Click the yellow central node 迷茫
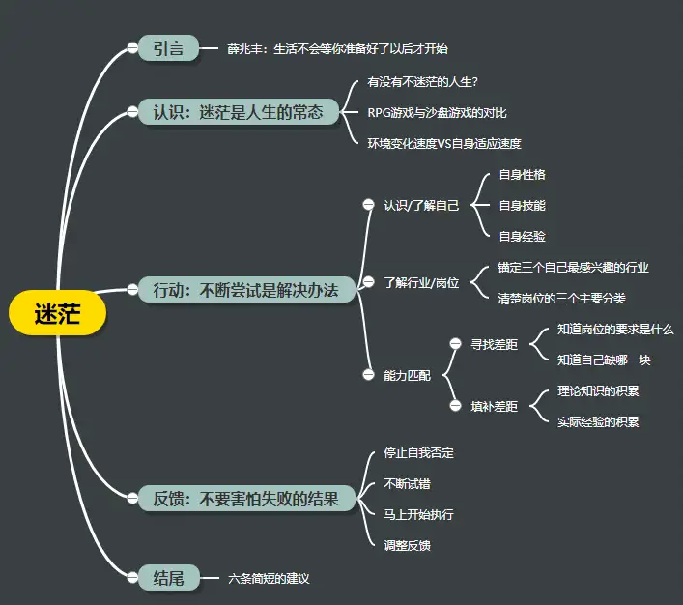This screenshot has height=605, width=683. (56, 314)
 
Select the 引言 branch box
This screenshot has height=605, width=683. (168, 48)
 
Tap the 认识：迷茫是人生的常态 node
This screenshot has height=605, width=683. (245, 112)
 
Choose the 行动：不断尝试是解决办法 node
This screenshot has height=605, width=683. (245, 289)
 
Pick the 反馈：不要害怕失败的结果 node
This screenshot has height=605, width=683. (245, 499)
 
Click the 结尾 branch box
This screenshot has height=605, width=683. (168, 578)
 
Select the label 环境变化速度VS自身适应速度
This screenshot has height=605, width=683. (444, 143)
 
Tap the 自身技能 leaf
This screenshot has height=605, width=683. (522, 205)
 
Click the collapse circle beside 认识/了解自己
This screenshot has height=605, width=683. (368, 205)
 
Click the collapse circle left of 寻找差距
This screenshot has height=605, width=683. (455, 344)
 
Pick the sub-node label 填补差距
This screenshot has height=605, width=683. (494, 407)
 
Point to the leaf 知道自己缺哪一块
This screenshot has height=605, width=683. (604, 360)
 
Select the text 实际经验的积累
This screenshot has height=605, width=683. (598, 421)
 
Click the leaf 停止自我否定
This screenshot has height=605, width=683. (418, 452)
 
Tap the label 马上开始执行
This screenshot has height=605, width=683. (418, 514)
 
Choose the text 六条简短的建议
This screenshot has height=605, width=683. (269, 578)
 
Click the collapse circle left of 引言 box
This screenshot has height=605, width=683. (133, 48)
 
